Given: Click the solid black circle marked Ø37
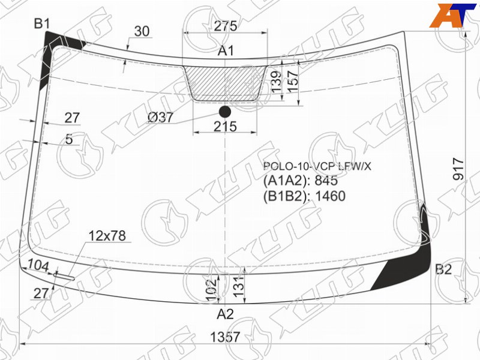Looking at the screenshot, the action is [225, 112].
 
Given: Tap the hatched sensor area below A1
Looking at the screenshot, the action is [225, 83].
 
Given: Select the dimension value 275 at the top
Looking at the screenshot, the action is [226, 26].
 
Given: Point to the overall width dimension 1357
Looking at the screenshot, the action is [225, 337].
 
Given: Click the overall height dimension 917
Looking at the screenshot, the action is [458, 169].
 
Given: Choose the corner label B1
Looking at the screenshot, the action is [41, 23].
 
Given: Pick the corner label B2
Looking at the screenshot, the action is [443, 269].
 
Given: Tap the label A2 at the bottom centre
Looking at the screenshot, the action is [226, 314].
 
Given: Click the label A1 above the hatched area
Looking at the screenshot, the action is [226, 50].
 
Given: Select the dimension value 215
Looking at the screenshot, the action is [226, 126].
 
